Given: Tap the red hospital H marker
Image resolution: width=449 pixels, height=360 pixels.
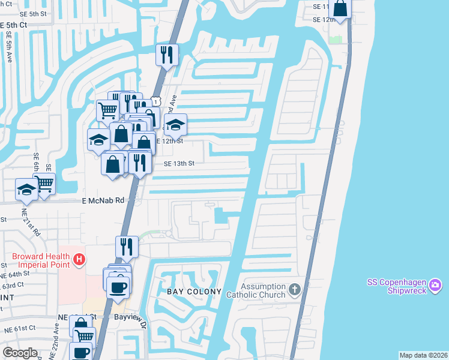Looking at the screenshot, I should (x=79, y=260).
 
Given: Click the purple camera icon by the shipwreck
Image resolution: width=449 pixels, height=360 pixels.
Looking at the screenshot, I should (x=436, y=283).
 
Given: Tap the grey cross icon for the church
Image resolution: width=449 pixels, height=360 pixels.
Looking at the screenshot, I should (x=294, y=290).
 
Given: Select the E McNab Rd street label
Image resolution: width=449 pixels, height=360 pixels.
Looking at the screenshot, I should (x=103, y=201).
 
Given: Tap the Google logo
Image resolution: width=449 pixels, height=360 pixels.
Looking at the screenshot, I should (x=20, y=352).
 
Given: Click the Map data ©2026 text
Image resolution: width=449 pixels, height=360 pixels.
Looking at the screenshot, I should (x=423, y=355).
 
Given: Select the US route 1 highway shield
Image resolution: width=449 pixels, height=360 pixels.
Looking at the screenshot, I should (x=155, y=102).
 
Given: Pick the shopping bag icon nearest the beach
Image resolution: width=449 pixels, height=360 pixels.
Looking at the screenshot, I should (x=340, y=9).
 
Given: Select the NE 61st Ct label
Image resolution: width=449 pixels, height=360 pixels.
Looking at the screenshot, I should (x=19, y=328).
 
